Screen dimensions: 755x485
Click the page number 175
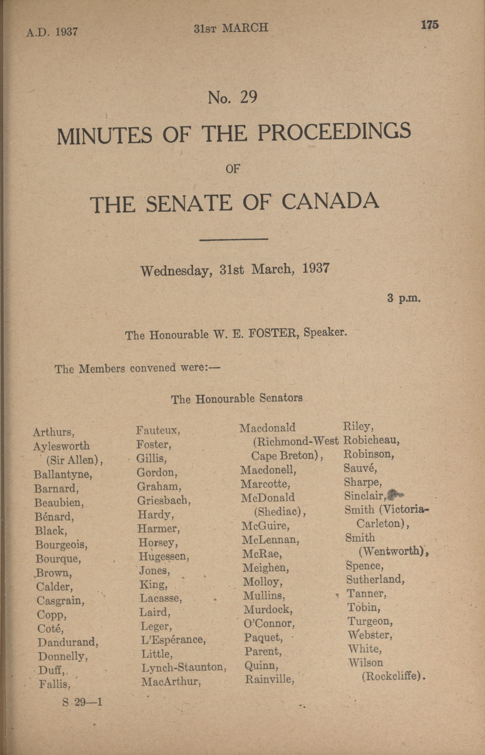430,25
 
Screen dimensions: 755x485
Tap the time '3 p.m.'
404,298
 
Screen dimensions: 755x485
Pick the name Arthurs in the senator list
53,432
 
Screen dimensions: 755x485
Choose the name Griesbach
164,500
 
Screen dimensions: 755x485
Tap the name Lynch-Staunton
184,667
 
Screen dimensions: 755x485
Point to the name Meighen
265,568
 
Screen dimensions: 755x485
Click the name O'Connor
269,623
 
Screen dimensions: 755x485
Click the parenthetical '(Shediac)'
280,512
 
